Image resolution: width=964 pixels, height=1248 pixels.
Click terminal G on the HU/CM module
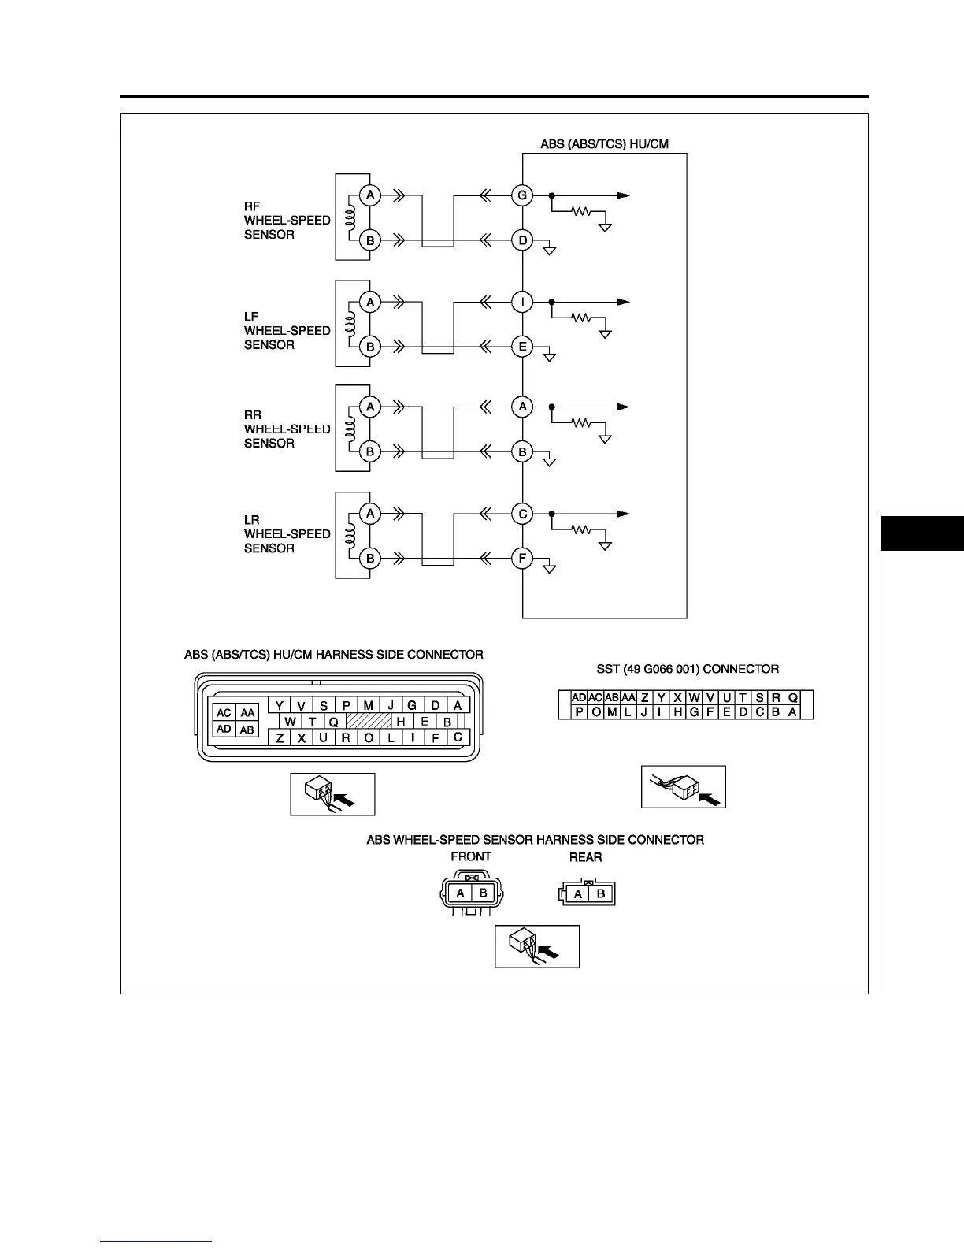pos(522,195)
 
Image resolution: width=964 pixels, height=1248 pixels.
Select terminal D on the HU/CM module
pos(522,240)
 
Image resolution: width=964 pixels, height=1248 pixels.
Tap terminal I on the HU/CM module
pos(522,302)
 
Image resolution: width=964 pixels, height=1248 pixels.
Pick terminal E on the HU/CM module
pos(522,347)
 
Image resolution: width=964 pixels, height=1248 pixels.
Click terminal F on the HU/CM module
pos(522,559)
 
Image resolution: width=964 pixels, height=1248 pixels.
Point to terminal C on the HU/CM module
pos(522,514)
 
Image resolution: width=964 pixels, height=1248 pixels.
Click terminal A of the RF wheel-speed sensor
pos(370,195)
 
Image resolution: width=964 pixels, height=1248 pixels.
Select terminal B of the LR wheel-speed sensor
pos(370,559)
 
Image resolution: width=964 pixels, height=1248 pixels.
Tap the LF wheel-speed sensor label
pos(287,331)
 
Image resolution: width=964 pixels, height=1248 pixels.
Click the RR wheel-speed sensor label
pos(287,429)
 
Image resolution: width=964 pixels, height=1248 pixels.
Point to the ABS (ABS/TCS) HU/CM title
pos(604,144)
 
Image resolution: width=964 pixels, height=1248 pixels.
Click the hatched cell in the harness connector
pos(369,721)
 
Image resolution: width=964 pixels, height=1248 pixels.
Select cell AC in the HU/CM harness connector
pos(224,712)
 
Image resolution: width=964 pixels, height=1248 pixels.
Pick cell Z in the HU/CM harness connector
pos(280,738)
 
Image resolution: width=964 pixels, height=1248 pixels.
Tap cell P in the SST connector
pos(580,712)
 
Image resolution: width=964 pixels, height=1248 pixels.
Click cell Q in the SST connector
pos(793,697)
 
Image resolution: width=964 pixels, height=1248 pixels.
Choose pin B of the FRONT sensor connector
pos(484,893)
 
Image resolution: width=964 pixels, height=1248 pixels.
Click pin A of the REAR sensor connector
pos(579,894)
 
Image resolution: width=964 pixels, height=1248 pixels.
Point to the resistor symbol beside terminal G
pos(581,211)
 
